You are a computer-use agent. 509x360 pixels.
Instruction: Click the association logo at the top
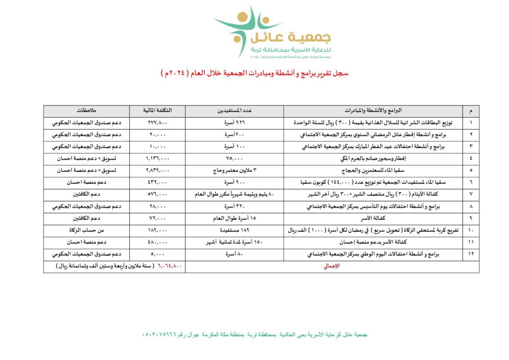click(272, 33)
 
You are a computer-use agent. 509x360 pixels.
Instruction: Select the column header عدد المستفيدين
click(234, 111)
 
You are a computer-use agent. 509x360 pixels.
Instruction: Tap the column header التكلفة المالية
click(158, 111)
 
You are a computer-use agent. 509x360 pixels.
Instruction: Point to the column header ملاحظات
click(86, 111)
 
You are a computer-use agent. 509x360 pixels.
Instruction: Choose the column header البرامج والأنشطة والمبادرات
click(373, 111)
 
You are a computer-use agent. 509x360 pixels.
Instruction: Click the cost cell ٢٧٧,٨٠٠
click(158, 122)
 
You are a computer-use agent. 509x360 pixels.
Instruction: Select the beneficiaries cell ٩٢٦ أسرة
click(234, 122)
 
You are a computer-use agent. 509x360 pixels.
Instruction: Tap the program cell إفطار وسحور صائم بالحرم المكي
click(373, 158)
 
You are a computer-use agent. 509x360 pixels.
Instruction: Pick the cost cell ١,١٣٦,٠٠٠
click(158, 158)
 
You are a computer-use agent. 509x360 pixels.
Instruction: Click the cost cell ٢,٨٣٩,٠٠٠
click(158, 170)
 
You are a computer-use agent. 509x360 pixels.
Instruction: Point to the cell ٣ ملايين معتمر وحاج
click(234, 170)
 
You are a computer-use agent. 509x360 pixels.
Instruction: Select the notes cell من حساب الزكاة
click(86, 229)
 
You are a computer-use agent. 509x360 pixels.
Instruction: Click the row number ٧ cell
click(471, 194)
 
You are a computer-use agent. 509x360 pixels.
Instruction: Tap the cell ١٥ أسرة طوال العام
click(234, 217)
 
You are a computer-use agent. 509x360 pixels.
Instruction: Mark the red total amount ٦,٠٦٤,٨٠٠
click(170, 266)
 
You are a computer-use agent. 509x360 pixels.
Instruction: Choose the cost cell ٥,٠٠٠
click(158, 254)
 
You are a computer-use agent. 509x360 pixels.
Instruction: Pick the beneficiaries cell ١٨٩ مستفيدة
click(234, 229)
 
